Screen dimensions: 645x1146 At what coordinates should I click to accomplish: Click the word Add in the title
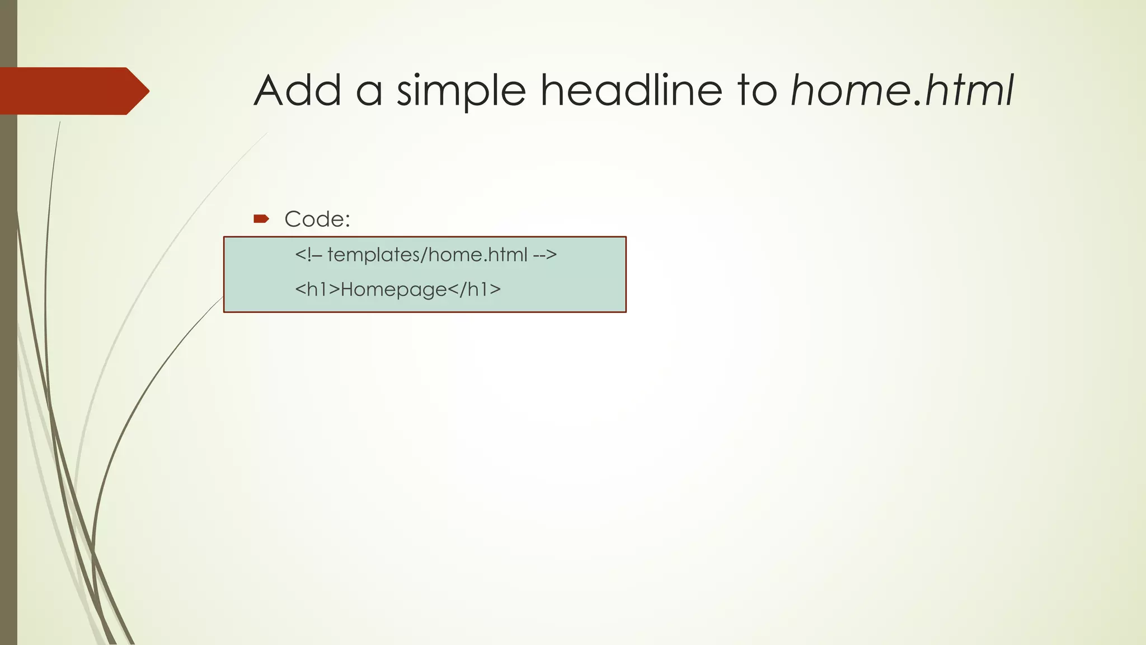tap(297, 90)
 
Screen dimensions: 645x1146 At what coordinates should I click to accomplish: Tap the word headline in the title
tap(631, 90)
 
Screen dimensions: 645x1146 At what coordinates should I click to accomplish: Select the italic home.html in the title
tap(902, 90)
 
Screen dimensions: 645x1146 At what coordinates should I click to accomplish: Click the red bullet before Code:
tap(261, 219)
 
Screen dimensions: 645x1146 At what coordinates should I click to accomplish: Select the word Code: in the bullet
tap(317, 219)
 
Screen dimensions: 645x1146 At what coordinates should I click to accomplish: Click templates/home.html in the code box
tap(428, 255)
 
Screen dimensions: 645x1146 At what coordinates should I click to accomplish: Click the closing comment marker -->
tap(545, 255)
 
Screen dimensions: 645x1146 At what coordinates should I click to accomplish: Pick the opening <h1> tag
tap(317, 289)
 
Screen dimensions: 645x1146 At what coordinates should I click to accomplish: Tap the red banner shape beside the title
tap(67, 91)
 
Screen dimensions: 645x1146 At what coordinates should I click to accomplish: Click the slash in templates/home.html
tap(428, 255)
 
